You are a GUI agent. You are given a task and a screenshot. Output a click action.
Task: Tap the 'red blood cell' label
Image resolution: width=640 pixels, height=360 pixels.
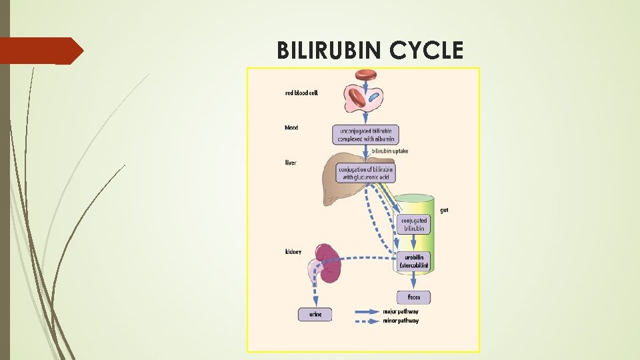point(301,93)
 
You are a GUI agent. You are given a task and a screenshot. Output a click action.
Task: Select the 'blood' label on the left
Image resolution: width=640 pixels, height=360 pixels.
point(291,127)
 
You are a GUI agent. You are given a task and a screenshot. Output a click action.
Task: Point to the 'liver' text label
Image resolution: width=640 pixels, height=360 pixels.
point(291,163)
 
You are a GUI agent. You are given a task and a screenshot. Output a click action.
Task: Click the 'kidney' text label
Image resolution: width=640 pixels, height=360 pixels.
point(293,251)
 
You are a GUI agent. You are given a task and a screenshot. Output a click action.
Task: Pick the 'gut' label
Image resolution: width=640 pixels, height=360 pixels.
point(444,210)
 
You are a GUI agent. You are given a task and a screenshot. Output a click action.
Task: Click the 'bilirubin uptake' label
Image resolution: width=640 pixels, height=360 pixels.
point(389,151)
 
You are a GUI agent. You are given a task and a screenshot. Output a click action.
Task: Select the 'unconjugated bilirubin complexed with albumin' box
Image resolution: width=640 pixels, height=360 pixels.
point(364,135)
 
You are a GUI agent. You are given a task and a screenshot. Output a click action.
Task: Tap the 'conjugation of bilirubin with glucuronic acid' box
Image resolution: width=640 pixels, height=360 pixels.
point(366,173)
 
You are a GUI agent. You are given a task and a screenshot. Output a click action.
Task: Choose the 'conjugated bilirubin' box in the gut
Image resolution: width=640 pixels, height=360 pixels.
point(413,224)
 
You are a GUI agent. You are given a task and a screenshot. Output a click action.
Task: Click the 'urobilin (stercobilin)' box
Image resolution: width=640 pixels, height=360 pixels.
point(413,261)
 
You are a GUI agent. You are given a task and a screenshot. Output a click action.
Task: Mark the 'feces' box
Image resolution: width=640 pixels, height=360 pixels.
point(413,297)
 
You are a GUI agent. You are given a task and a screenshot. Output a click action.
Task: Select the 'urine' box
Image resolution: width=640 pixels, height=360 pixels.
point(315,313)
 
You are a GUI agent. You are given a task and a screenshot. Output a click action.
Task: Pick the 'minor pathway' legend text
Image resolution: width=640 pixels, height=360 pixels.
point(401,321)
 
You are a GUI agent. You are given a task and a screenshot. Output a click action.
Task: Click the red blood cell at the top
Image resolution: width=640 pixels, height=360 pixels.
point(366,74)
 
